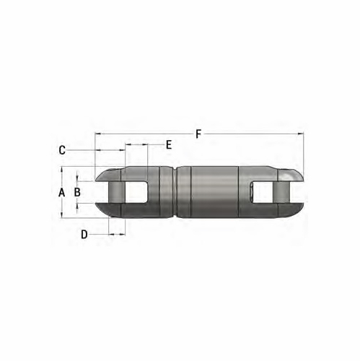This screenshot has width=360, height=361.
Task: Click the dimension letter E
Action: point(168,145)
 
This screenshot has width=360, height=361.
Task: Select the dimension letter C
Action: point(62,150)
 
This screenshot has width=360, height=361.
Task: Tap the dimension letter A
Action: point(61,192)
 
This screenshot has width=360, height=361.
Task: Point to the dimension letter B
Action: point(77,192)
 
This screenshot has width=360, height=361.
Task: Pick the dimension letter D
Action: point(84,235)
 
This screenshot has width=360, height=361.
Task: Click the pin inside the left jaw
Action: point(115,192)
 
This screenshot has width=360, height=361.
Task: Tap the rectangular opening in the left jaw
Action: point(137,192)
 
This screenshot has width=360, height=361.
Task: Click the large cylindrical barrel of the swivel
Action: point(209,192)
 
